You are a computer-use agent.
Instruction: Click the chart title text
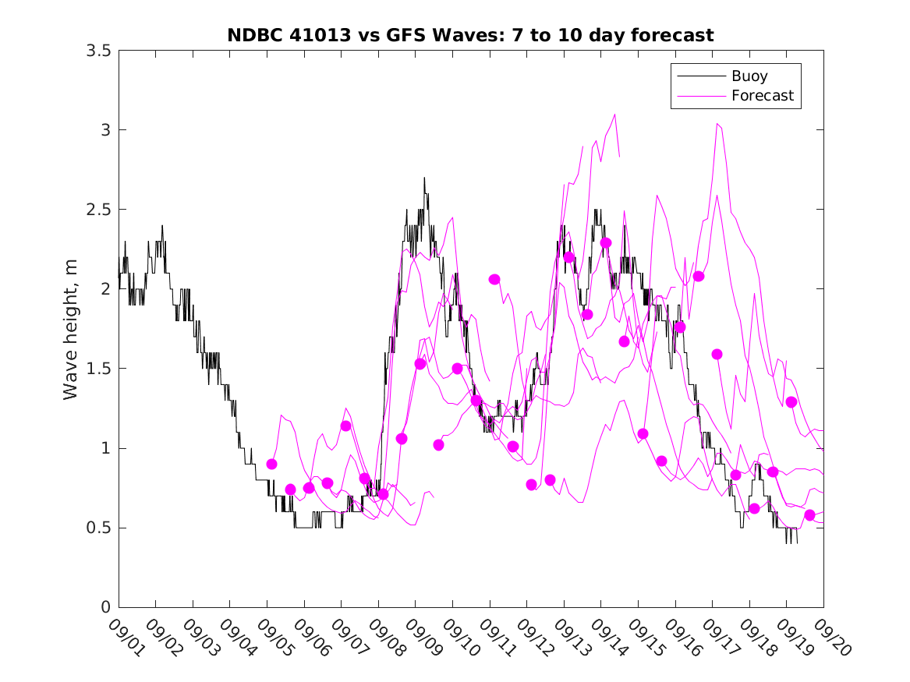[470, 35]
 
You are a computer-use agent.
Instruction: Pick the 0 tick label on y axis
[104, 607]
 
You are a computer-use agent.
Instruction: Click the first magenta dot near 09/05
[271, 464]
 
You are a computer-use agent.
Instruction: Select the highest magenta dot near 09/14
[606, 243]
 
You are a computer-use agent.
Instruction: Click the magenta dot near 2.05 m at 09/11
[494, 279]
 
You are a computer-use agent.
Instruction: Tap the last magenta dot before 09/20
[809, 515]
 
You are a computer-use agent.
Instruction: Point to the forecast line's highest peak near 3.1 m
[615, 114]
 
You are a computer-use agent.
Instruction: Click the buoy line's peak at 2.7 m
[424, 178]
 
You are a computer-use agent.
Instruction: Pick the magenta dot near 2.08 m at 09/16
[699, 276]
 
